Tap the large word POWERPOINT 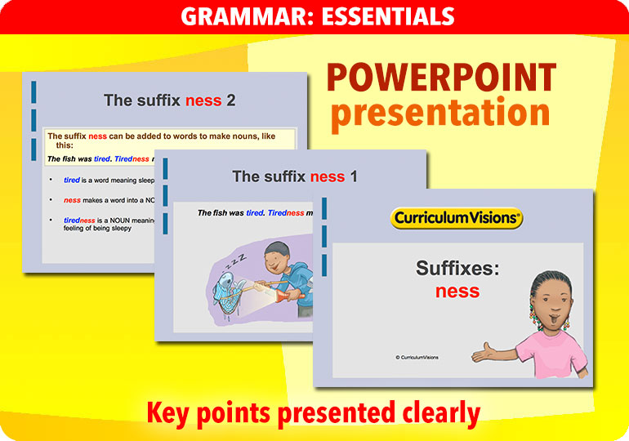(441, 78)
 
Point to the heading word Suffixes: (457, 268)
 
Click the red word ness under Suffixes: (457, 291)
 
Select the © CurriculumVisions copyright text (417, 357)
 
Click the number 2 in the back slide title (231, 100)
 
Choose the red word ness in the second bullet (72, 200)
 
